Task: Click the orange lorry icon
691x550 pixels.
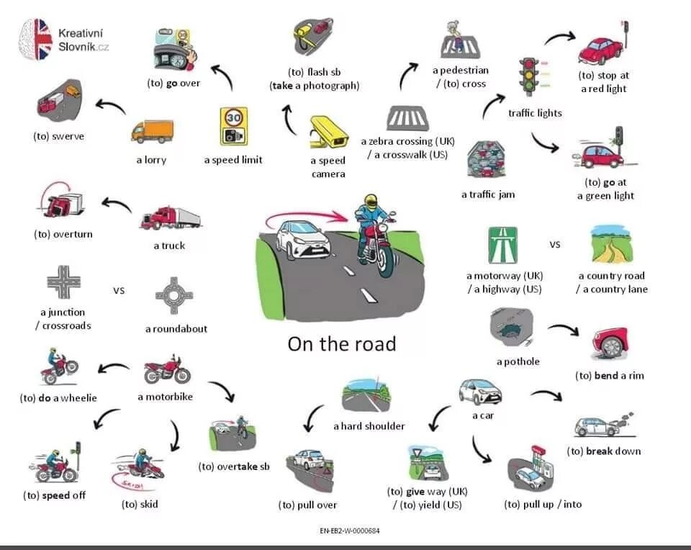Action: coord(153,132)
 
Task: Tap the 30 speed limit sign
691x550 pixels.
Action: coord(234,126)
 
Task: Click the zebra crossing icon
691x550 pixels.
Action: coord(407,118)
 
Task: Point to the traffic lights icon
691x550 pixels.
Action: coord(530,78)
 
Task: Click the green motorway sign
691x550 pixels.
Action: coord(503,245)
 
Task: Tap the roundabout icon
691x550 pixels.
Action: coord(173,295)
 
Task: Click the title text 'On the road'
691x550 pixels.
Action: coord(342,343)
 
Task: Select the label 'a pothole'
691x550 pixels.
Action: coord(518,361)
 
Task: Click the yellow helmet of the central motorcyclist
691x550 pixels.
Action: coord(371,202)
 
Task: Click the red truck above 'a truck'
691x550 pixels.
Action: coord(170,218)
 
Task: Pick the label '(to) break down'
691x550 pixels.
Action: coord(603,451)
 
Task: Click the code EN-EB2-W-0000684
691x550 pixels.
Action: coord(349,531)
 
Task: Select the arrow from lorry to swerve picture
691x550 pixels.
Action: coord(110,107)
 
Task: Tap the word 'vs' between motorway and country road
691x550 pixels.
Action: coord(555,245)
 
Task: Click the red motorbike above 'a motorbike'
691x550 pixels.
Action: coord(167,370)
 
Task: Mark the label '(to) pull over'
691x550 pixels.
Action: coord(307,505)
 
